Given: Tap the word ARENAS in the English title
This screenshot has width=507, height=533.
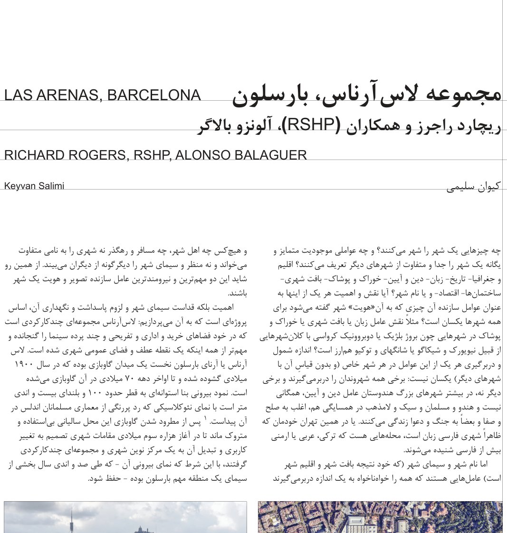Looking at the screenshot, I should (67, 95).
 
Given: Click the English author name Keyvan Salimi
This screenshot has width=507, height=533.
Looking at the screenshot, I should (34, 186).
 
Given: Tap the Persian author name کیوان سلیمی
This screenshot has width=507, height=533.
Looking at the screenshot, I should (474, 187).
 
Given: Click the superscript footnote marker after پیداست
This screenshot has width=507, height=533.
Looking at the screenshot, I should (205, 419).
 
